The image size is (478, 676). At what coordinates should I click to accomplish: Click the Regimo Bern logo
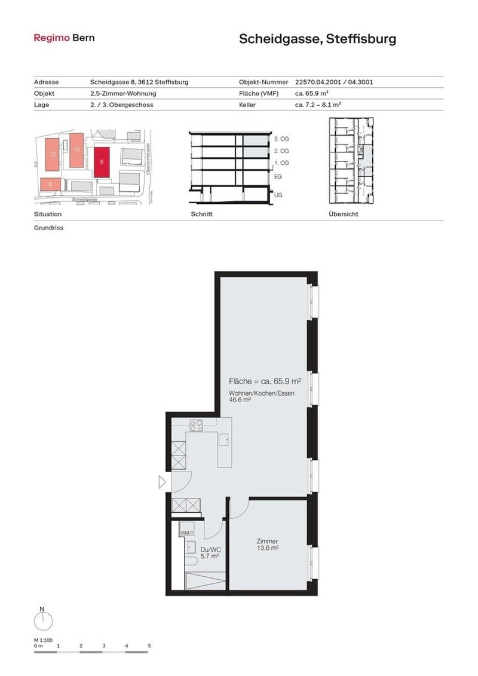(64, 38)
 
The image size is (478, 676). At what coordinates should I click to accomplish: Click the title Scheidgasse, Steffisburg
(317, 39)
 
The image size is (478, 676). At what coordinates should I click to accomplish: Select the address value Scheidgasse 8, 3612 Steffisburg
(139, 82)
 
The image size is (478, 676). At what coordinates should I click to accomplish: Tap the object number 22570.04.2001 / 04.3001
(334, 82)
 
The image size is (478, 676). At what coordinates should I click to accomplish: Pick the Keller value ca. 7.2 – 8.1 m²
(318, 104)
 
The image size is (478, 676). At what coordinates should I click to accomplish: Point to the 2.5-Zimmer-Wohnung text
(122, 93)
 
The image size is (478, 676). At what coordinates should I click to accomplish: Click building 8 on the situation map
(102, 162)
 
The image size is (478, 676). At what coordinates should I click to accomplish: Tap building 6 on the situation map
(51, 185)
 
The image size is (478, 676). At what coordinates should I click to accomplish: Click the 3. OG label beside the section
(281, 139)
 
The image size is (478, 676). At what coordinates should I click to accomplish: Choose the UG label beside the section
(278, 195)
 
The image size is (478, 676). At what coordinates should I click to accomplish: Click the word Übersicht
(343, 214)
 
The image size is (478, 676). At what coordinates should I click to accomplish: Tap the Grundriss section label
(48, 228)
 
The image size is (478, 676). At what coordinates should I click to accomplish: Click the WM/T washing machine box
(188, 533)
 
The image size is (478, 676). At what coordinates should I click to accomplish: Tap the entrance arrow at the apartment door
(162, 483)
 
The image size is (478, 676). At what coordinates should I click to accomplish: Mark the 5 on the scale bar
(149, 646)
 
